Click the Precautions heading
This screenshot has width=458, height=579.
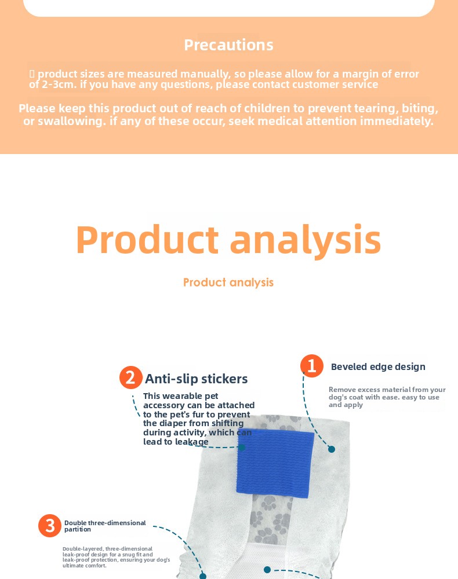[228, 45]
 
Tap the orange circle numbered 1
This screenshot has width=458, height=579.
[312, 366]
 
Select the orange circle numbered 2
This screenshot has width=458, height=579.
[131, 378]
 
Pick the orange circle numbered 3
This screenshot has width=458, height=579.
[49, 526]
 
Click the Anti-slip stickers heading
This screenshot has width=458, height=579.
[196, 379]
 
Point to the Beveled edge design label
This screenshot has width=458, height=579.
[378, 367]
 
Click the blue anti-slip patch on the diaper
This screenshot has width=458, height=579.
[275, 463]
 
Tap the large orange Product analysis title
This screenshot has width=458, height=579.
[228, 240]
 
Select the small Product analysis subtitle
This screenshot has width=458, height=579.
[228, 283]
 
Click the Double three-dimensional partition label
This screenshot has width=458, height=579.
[105, 526]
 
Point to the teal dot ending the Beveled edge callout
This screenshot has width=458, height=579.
[332, 449]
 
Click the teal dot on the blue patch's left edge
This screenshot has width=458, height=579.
[241, 447]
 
